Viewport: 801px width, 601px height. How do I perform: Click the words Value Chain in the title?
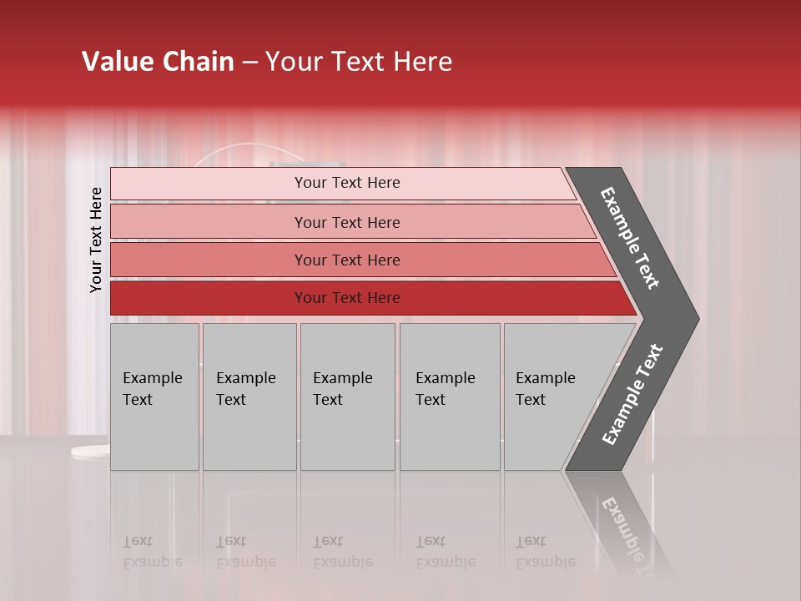point(158,62)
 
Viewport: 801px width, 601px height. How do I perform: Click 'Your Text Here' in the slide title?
point(359,62)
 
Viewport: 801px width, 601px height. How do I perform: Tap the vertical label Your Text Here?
point(96,240)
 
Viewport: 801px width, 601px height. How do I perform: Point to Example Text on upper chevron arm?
point(630,238)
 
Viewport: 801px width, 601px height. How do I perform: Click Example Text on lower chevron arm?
point(632,395)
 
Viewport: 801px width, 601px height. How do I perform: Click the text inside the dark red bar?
point(347,298)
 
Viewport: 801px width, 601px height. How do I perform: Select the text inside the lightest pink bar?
point(347,183)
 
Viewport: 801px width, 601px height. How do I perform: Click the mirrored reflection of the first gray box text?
point(152,553)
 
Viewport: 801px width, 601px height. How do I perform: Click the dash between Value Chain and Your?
point(249,63)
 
